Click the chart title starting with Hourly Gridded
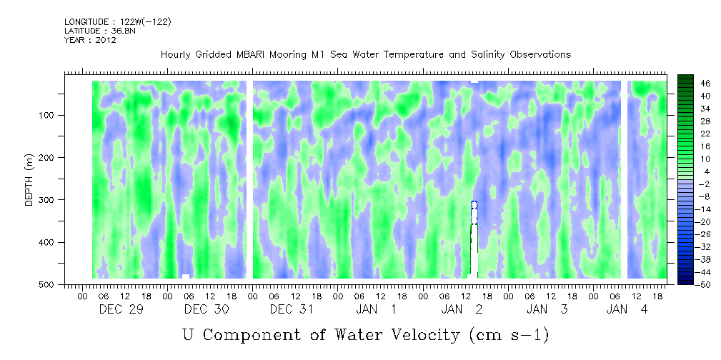coord(365,55)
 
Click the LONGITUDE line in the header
coord(118,22)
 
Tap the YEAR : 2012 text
coord(90,40)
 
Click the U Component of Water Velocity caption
coord(365,334)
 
